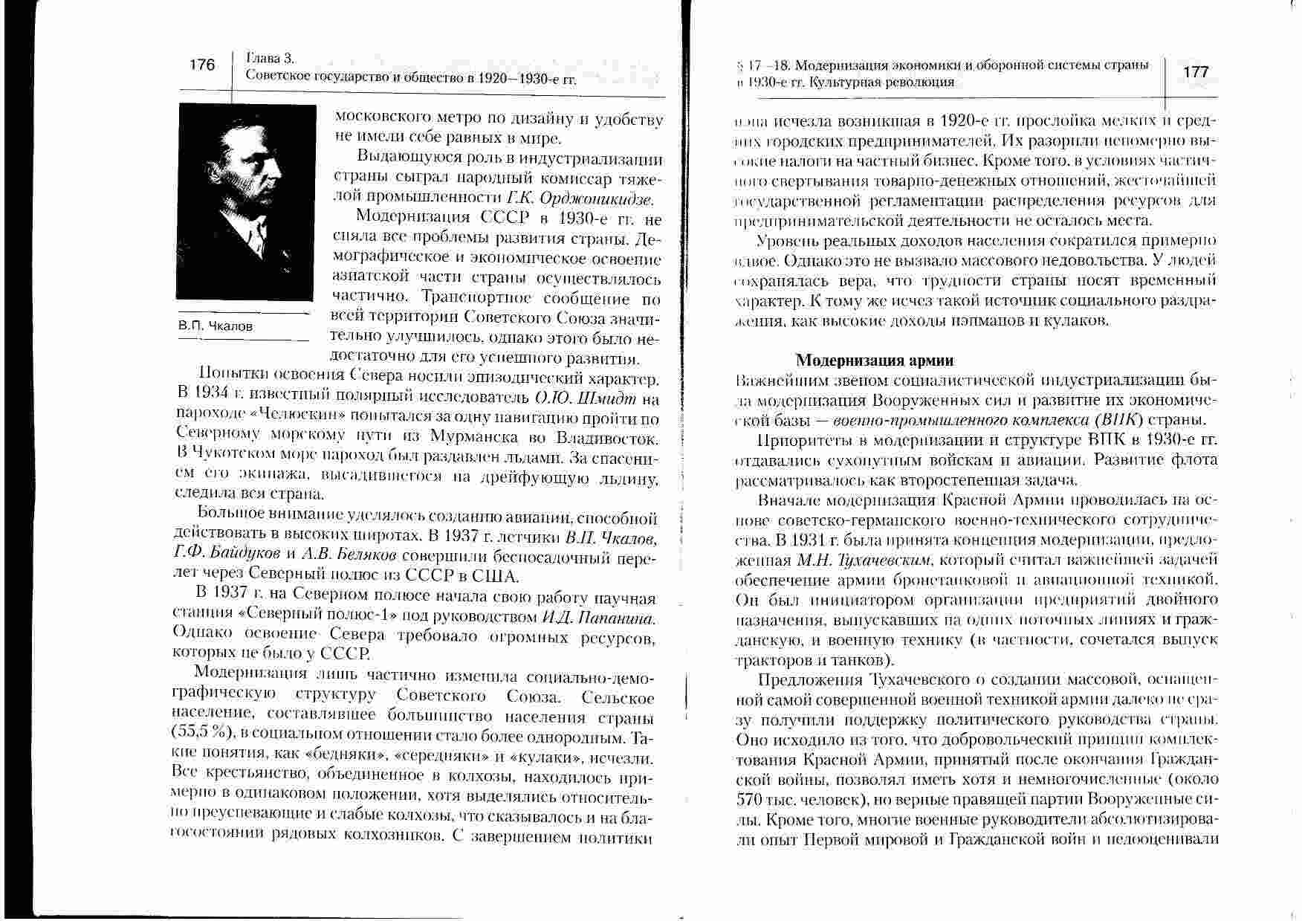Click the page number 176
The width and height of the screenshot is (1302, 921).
point(202,65)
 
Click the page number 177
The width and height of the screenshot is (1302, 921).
point(1196,71)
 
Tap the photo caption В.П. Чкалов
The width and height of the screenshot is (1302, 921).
point(216,326)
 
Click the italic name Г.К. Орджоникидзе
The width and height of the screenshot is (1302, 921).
point(581,198)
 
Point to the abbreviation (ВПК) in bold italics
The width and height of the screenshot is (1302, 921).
point(1125,419)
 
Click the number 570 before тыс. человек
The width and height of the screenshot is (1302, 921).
point(748,801)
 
